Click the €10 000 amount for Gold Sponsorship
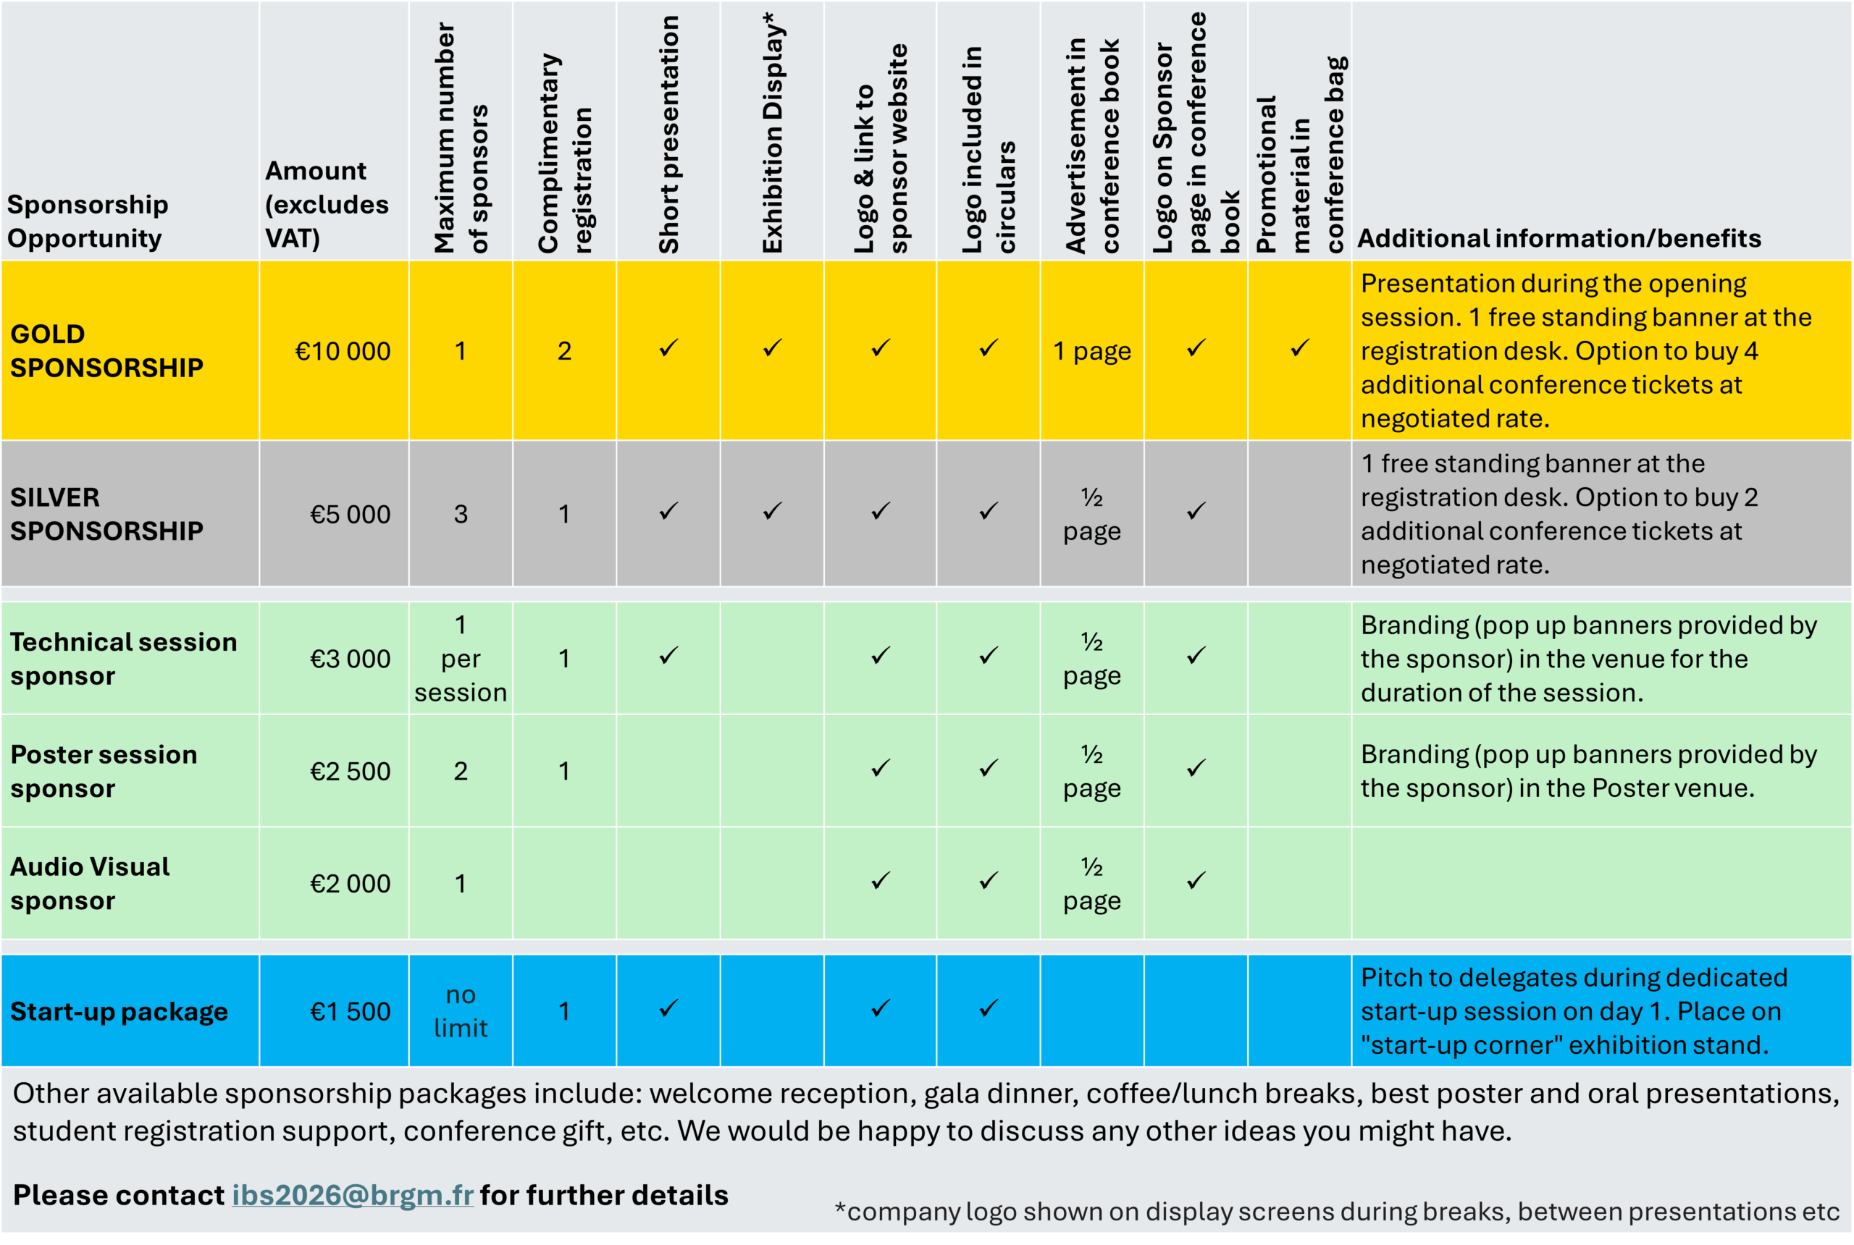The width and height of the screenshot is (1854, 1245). click(343, 352)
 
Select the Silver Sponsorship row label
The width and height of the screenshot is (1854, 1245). click(106, 515)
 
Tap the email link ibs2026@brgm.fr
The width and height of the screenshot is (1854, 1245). click(353, 1196)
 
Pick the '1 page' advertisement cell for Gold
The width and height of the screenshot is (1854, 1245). click(1092, 352)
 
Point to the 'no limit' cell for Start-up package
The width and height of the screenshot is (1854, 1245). click(461, 1012)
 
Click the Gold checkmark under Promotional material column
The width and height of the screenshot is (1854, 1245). click(1299, 350)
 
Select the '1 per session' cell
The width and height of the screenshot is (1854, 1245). click(461, 659)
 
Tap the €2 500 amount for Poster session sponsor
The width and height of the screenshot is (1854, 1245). click(350, 772)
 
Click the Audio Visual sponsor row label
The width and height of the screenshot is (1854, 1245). click(90, 884)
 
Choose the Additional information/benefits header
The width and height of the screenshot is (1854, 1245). click(1559, 239)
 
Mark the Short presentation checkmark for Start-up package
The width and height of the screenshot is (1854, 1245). click(669, 1009)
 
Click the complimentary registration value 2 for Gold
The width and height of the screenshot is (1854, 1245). click(564, 352)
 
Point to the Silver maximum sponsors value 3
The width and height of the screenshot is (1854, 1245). click(461, 515)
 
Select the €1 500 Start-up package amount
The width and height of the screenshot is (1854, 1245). click(350, 1012)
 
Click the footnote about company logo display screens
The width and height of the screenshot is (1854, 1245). click(1336, 1212)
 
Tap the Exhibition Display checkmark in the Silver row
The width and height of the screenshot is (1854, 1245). click(772, 512)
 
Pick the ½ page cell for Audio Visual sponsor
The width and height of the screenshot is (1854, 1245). click(1092, 884)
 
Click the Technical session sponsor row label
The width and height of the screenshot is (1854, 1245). click(123, 659)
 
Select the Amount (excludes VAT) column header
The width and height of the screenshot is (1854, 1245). click(326, 205)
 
